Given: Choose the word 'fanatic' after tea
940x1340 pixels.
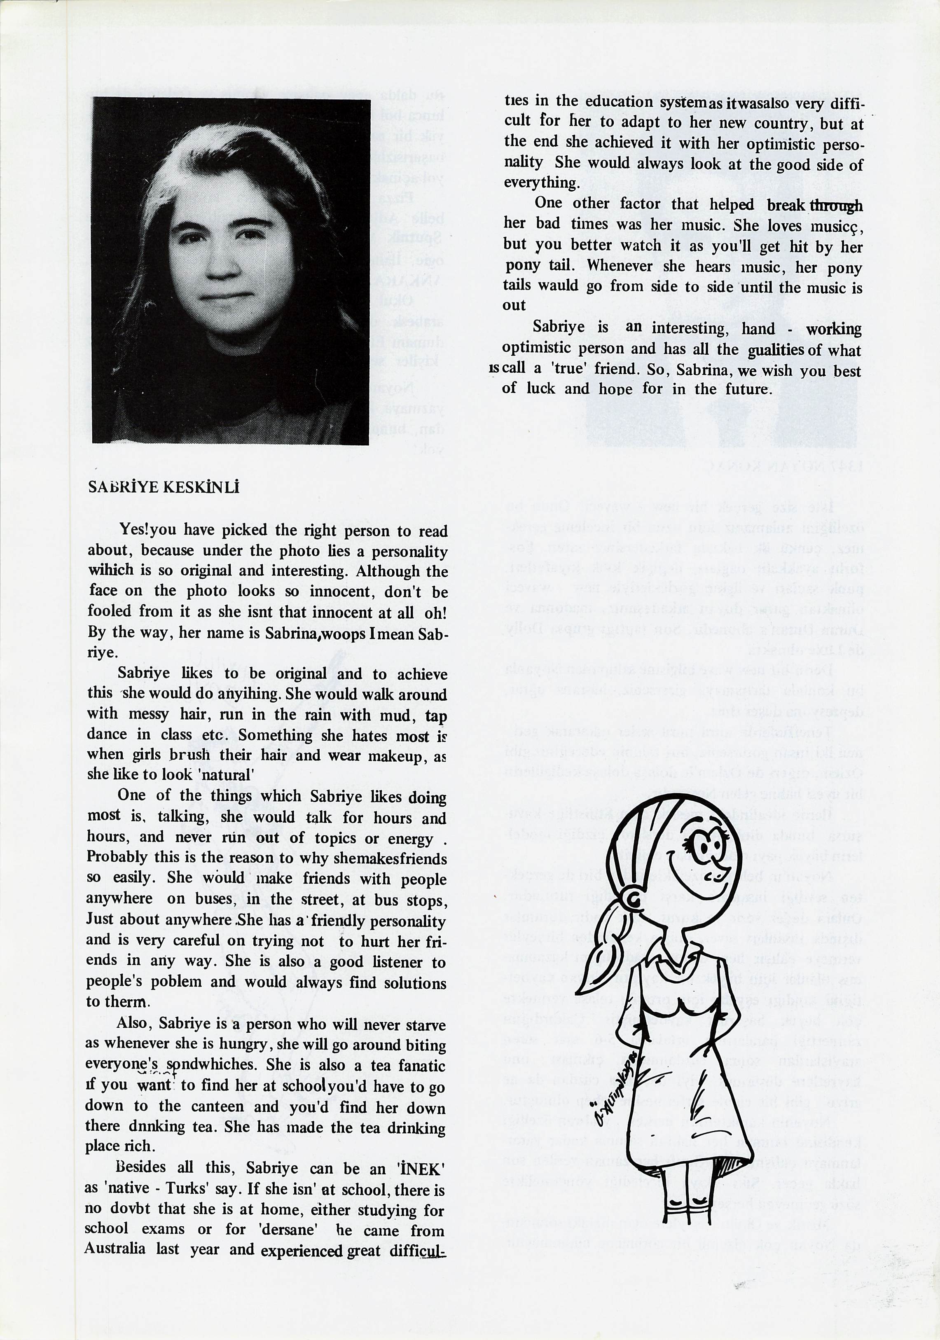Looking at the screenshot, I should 422,1066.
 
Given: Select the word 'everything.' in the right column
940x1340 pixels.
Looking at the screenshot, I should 541,182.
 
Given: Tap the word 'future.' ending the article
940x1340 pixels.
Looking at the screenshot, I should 748,389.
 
